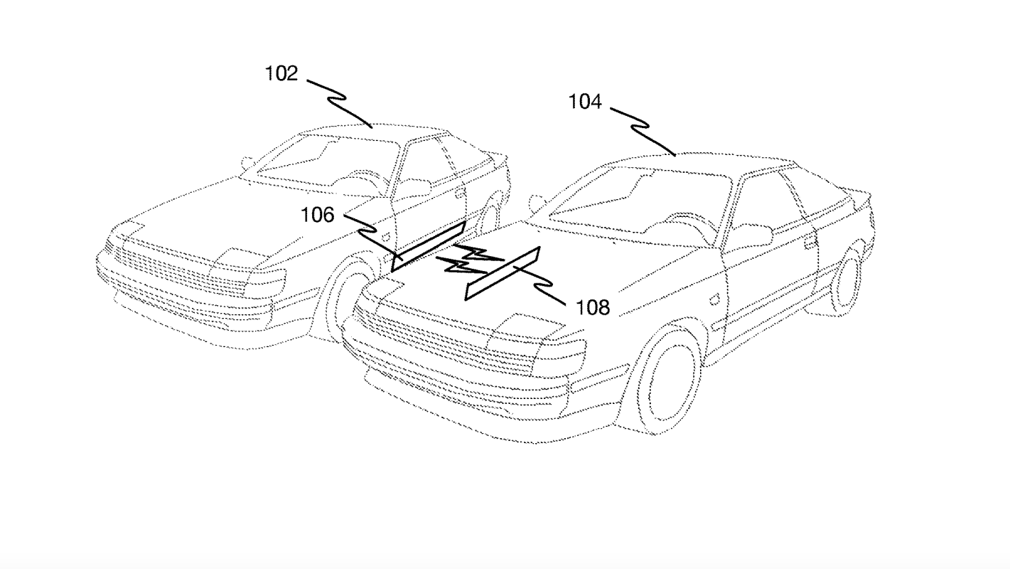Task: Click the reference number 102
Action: pyautogui.click(x=281, y=73)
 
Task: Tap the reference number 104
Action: pyautogui.click(x=584, y=102)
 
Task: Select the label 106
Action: pyautogui.click(x=318, y=215)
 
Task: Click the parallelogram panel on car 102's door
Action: pyautogui.click(x=429, y=246)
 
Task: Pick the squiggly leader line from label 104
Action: pyautogui.click(x=643, y=128)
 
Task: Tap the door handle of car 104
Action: pyautogui.click(x=810, y=242)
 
